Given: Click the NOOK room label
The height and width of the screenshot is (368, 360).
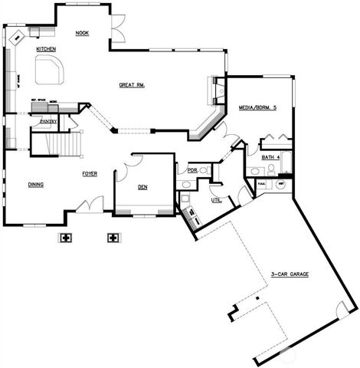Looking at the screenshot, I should pyautogui.click(x=82, y=33).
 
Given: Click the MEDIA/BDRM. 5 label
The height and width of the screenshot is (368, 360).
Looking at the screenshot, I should pyautogui.click(x=258, y=107).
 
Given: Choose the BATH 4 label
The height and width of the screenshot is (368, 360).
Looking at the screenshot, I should pyautogui.click(x=271, y=157).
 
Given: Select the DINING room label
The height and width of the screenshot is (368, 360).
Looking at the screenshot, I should pyautogui.click(x=35, y=185).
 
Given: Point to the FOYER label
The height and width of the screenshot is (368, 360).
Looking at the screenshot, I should pyautogui.click(x=90, y=174).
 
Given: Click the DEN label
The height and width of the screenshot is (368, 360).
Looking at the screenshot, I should pyautogui.click(x=142, y=187).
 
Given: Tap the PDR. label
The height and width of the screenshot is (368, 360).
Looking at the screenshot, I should pyautogui.click(x=192, y=170).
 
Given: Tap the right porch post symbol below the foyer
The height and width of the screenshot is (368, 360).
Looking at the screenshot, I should pyautogui.click(x=113, y=237).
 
